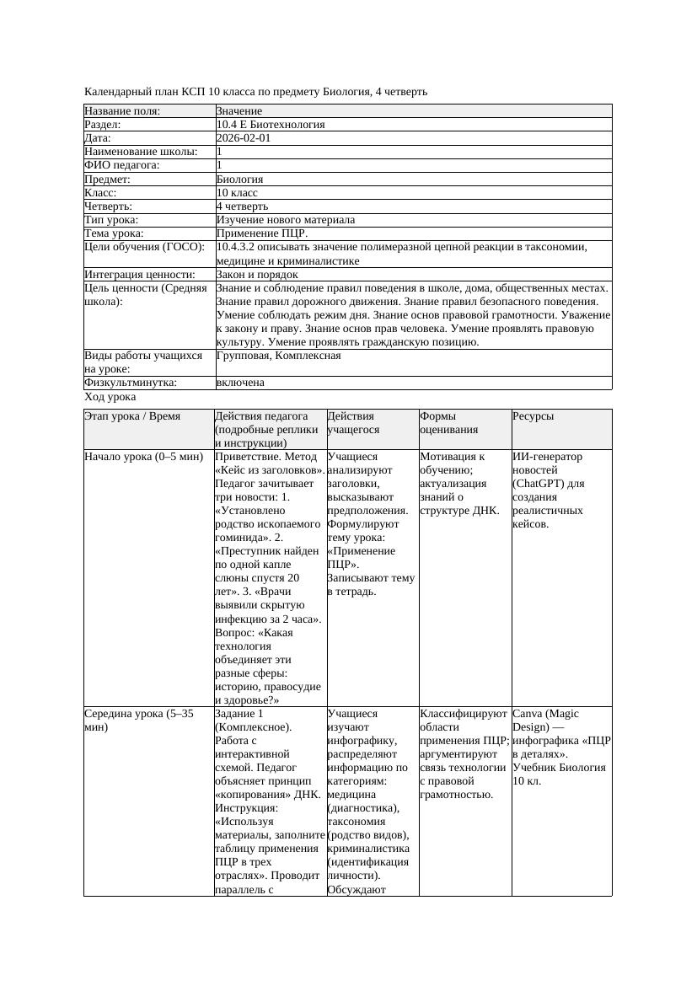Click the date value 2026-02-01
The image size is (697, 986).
[244, 138]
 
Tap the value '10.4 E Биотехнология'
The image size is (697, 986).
[271, 125]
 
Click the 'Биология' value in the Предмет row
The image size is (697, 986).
[239, 179]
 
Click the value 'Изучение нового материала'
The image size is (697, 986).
[286, 219]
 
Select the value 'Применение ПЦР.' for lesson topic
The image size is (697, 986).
[262, 233]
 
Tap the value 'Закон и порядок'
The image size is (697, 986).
[257, 274]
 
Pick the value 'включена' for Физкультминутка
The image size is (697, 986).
[240, 383]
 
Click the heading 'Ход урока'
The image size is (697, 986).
[110, 396]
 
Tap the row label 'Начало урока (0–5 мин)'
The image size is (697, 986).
[144, 457]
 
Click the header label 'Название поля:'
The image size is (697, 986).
[122, 111]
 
